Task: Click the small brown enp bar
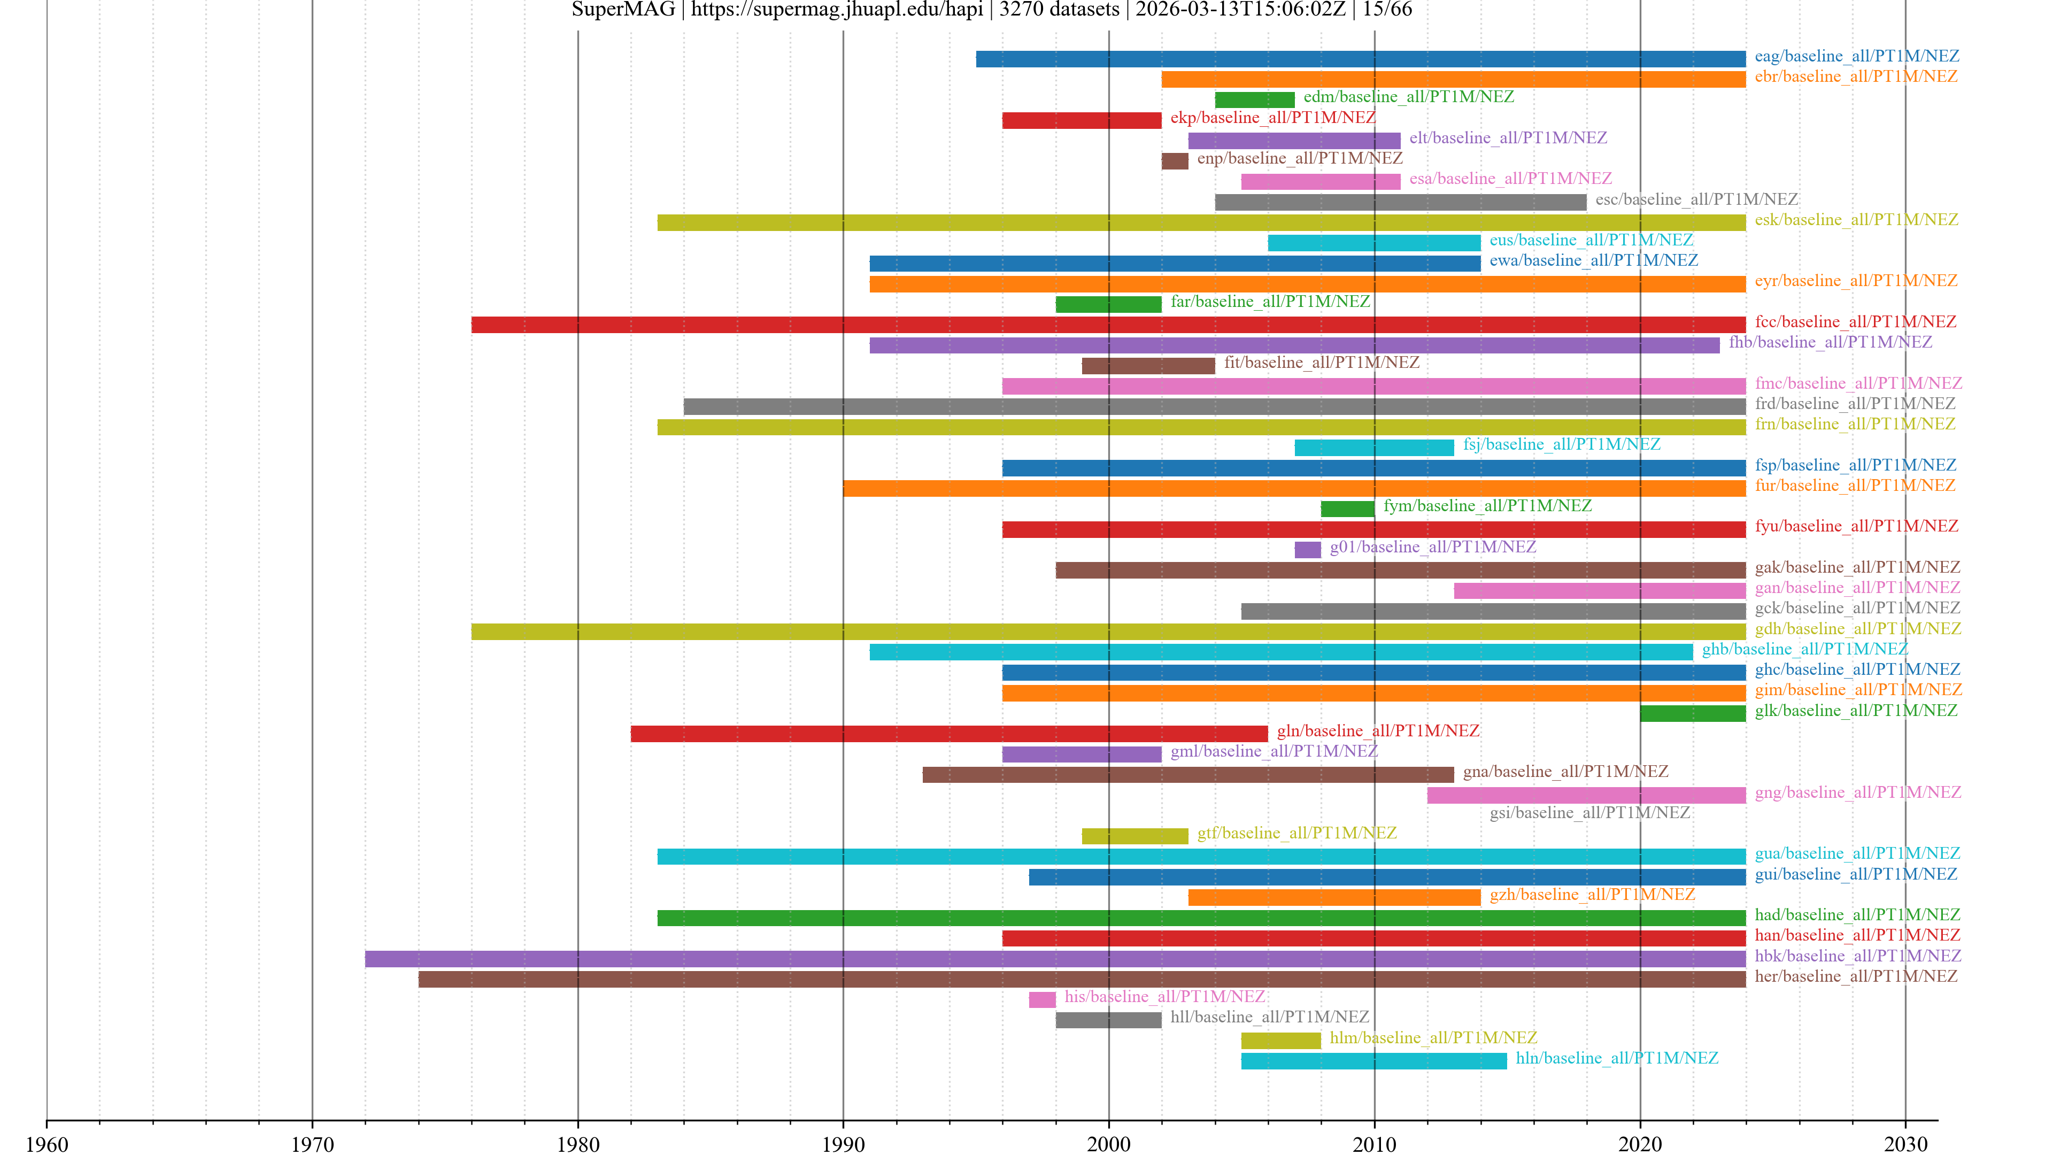click(x=1174, y=161)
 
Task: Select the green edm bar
click(x=1254, y=99)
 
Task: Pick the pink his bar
click(x=1041, y=999)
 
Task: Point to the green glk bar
click(x=1692, y=713)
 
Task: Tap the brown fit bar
click(x=1148, y=366)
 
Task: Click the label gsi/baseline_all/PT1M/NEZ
click(x=1589, y=813)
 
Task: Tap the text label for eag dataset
click(x=1856, y=56)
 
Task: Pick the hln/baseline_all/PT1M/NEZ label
click(x=1616, y=1059)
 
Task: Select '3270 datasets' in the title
click(x=1059, y=10)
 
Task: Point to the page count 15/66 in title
click(x=1387, y=10)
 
